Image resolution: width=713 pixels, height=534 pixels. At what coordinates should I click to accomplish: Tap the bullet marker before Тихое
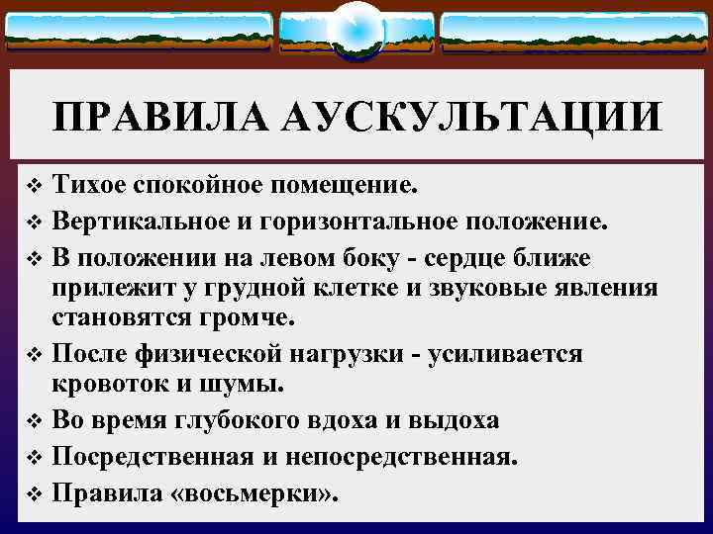[34, 185]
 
